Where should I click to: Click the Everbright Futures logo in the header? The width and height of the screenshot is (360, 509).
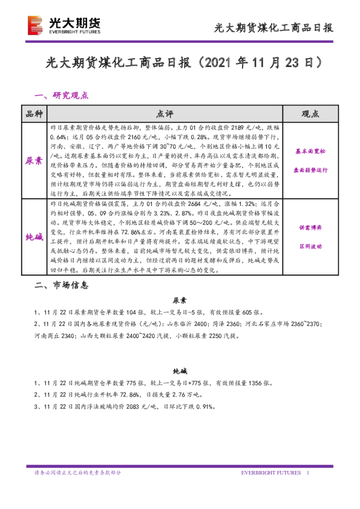point(63,25)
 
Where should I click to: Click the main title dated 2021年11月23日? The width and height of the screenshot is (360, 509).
point(180,63)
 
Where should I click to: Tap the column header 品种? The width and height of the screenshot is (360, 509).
point(34,114)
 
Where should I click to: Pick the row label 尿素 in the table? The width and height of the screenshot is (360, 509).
point(34,161)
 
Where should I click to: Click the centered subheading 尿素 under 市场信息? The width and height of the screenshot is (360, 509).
point(180,300)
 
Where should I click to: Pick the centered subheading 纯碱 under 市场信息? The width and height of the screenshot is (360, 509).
point(180,372)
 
